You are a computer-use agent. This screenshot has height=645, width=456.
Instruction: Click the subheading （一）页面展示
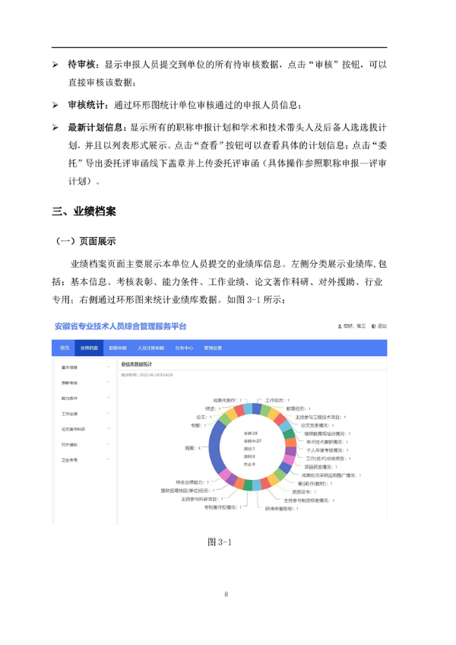point(85,241)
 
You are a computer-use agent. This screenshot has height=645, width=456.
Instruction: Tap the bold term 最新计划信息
point(98,125)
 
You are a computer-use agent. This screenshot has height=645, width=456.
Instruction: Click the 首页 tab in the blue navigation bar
point(65,347)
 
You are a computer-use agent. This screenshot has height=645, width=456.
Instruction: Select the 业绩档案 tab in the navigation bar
point(87,347)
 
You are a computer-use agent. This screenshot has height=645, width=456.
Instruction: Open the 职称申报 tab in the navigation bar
point(118,347)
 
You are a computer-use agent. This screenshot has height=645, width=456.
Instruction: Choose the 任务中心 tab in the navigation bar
point(184,347)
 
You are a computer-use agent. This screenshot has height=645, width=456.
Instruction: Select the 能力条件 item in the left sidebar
point(71,398)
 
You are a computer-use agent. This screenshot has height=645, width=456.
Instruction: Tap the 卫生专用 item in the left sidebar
point(71,459)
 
